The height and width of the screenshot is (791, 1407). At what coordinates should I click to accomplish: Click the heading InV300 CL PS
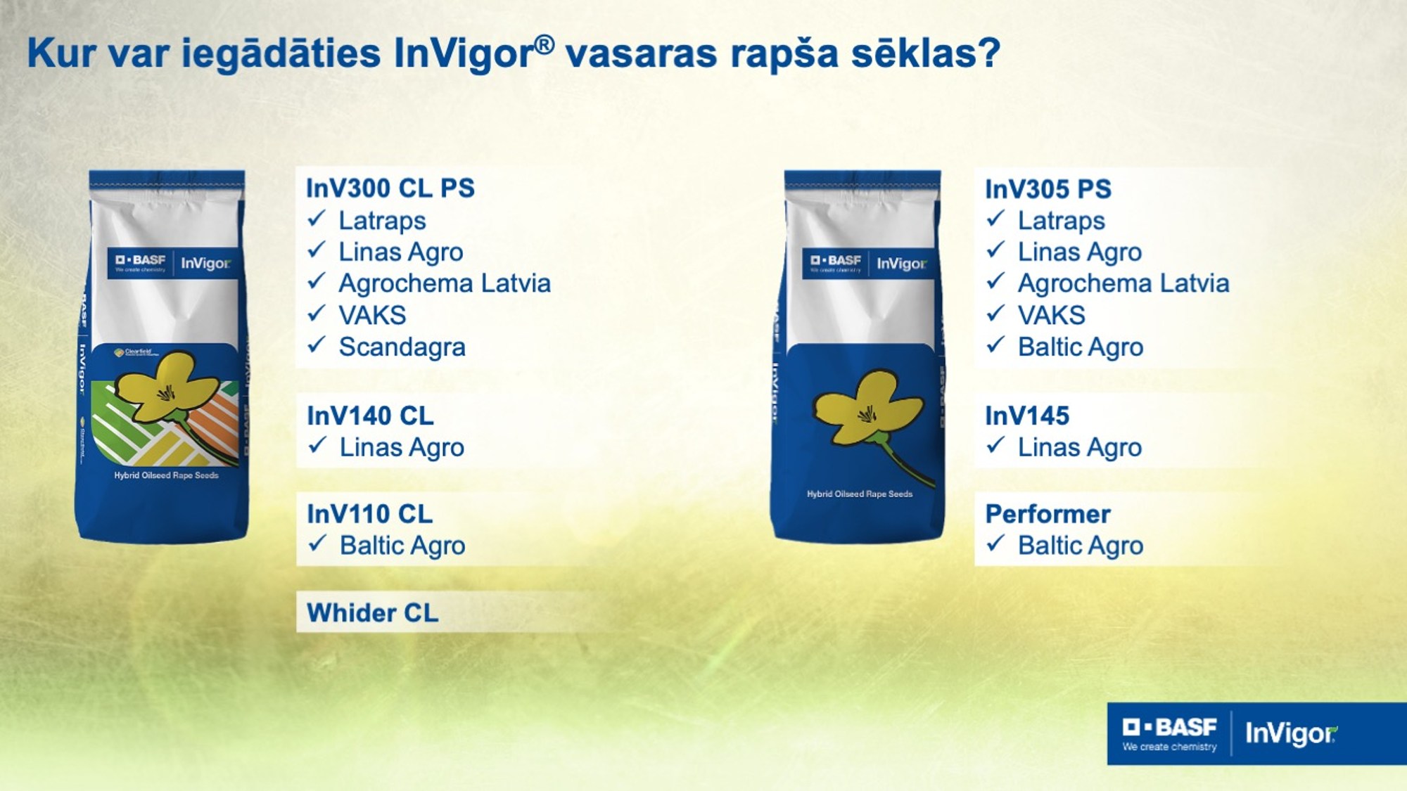click(390, 188)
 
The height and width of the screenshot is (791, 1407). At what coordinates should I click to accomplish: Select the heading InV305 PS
click(1048, 189)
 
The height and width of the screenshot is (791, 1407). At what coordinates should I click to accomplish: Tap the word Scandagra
click(402, 347)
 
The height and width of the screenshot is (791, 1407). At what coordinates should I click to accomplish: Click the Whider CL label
click(373, 612)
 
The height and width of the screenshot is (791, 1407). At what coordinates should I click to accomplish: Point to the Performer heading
click(1048, 514)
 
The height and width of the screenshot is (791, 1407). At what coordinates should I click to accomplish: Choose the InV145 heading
click(1027, 416)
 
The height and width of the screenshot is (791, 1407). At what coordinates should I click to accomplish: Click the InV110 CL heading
click(370, 514)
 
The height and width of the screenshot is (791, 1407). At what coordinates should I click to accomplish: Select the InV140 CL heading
click(370, 416)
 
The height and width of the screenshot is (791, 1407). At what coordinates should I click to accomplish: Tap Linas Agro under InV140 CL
click(402, 447)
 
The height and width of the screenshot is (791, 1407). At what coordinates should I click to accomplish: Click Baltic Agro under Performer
click(1081, 546)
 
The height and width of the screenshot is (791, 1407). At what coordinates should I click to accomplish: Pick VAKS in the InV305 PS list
click(1051, 315)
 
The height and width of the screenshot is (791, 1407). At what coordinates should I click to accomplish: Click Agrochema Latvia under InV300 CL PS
click(445, 283)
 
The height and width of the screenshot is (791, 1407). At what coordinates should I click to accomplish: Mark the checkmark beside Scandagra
click(317, 345)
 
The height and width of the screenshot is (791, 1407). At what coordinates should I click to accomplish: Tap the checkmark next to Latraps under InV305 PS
click(995, 219)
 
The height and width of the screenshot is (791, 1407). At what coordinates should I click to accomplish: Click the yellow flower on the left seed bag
click(166, 387)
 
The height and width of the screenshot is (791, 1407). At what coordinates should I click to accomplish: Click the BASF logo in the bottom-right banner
click(1170, 728)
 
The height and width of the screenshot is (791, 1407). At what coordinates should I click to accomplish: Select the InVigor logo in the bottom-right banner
click(1291, 733)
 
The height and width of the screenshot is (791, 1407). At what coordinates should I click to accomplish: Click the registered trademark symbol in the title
click(545, 45)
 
